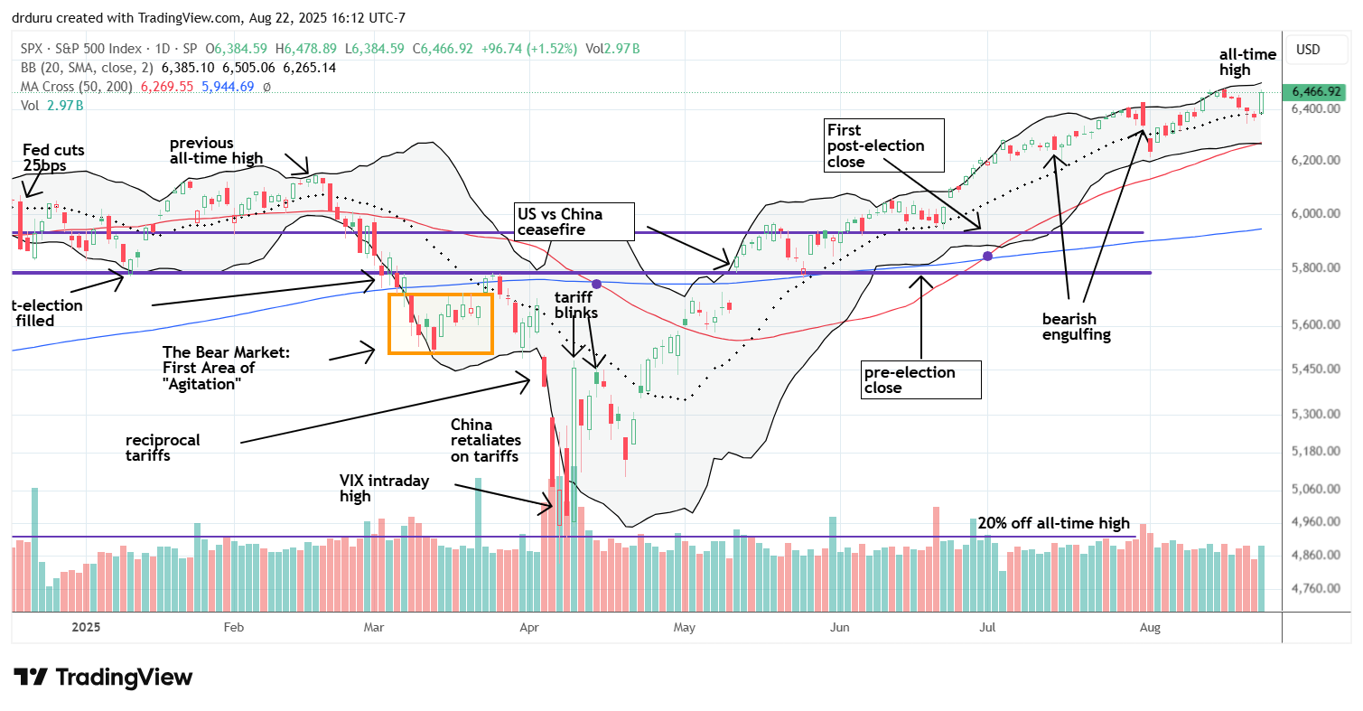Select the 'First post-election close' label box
click(883, 145)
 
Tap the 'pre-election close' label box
click(920, 379)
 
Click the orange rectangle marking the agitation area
click(441, 323)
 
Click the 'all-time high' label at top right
click(1246, 62)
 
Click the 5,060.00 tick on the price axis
click(1314, 489)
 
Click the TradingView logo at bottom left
click(103, 677)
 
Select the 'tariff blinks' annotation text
click(575, 305)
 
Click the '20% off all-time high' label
click(1052, 523)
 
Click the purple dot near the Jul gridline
click(987, 257)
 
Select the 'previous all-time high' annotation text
click(215, 150)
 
